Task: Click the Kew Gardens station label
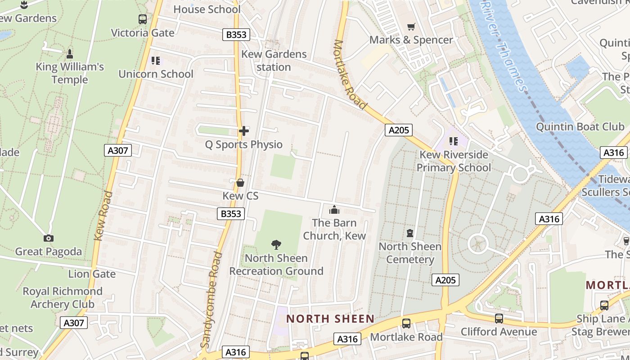point(274,60)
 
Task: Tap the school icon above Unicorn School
point(156,61)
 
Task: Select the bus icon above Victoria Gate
point(143,19)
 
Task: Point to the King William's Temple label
point(70,73)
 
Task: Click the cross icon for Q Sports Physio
point(244,131)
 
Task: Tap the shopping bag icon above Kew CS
point(240,183)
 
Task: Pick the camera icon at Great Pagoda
point(49,238)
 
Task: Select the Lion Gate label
point(92,274)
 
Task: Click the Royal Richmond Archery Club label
point(63,297)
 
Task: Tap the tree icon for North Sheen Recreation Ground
point(276,245)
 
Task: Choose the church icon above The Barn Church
point(334,210)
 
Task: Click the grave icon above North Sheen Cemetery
point(410,233)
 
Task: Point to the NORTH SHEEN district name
point(330,319)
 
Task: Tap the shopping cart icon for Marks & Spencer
point(411,27)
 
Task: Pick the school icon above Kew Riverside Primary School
point(453,141)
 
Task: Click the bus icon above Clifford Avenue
point(499,319)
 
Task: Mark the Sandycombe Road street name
point(211,299)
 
